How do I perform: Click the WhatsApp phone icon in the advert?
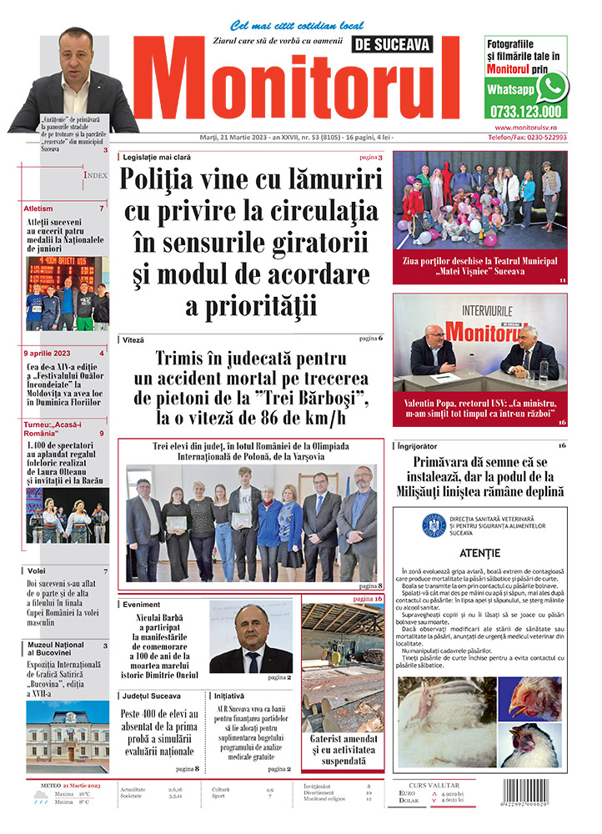pos(551,87)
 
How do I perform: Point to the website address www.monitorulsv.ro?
pos(524,127)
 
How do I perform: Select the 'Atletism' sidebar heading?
pos(39,208)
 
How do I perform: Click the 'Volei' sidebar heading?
pos(35,570)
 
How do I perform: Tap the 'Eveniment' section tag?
pos(143,604)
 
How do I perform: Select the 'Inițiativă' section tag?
pos(229,695)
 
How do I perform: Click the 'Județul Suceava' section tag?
pos(151,695)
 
